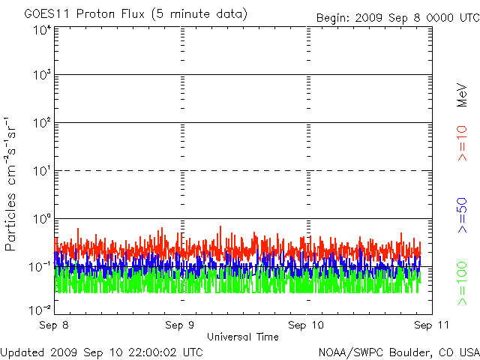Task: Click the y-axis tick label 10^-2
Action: [40, 308]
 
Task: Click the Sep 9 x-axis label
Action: [181, 325]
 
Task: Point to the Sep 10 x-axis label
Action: [307, 325]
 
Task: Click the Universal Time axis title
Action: [242, 337]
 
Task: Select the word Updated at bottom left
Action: [22, 351]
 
